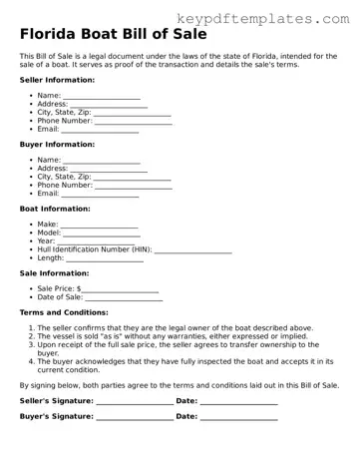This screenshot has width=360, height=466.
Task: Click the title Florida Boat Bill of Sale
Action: [106, 37]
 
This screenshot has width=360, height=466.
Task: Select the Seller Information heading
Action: [57, 79]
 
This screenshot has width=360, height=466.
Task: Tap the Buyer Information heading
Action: [57, 144]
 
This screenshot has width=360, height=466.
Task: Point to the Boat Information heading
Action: [55, 209]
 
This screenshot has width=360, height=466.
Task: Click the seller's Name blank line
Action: [101, 96]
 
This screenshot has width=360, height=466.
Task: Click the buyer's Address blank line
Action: [109, 169]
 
